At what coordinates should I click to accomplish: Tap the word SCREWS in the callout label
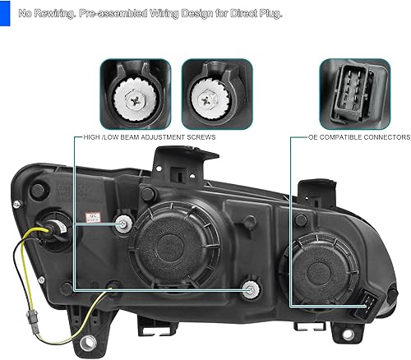(202, 138)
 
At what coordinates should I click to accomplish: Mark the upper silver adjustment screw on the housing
(124, 224)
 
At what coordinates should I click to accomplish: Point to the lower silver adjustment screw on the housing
(251, 288)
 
